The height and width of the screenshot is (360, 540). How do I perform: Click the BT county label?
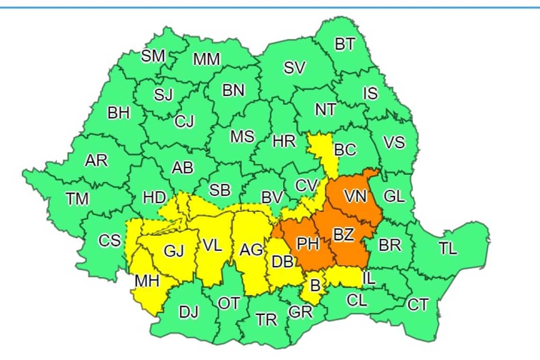coord(345,45)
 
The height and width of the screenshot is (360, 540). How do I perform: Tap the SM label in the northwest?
coord(153,56)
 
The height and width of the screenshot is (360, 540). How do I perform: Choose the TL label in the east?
coord(448,249)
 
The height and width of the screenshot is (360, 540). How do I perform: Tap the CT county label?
coord(418,305)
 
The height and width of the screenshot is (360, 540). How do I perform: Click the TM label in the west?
coord(77,199)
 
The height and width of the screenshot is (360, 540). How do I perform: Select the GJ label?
coord(173,251)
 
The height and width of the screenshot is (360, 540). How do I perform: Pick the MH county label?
coord(147,280)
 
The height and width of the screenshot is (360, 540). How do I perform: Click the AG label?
coord(251,250)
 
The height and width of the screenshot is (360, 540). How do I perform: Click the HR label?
coord(284,141)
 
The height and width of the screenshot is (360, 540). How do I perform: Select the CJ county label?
coord(184,122)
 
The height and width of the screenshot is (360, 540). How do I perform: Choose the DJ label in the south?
coord(189,312)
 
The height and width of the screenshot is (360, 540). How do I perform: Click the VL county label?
coord(212,245)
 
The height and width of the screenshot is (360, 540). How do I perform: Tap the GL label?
coord(394,196)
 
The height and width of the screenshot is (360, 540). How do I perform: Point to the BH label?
coord(118,113)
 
